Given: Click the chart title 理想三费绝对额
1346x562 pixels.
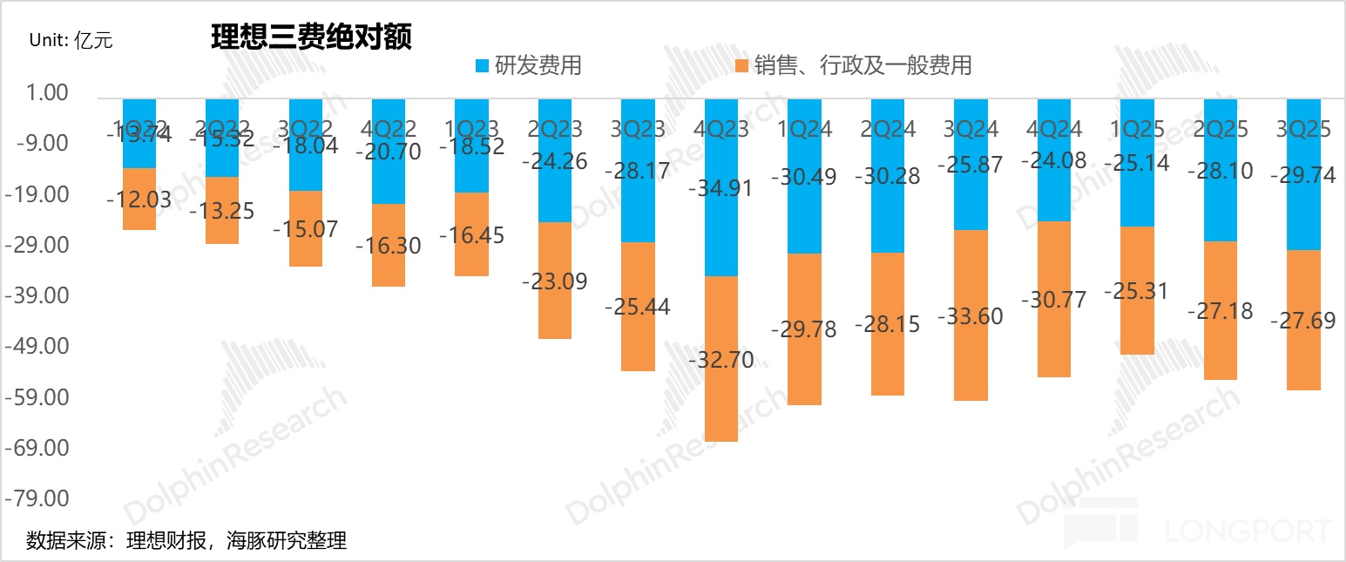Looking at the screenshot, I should click(311, 37).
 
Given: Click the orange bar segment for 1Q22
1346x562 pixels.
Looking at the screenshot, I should click(139, 199).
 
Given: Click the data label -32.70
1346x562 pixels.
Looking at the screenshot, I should click(720, 360).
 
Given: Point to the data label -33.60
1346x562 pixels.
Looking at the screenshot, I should click(970, 315).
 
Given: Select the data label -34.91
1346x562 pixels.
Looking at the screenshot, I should click(720, 188).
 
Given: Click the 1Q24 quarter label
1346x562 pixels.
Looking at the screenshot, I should click(804, 129).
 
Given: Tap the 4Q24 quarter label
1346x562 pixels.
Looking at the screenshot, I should click(1053, 129).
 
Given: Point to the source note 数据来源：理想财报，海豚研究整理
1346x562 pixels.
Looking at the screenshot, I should click(186, 540).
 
